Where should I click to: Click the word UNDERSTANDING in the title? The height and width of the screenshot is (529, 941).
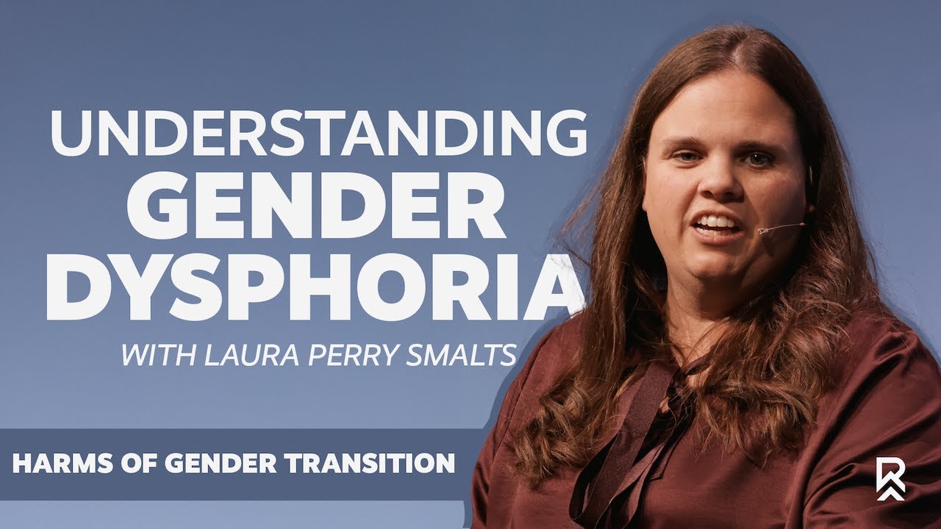pyautogui.click(x=318, y=134)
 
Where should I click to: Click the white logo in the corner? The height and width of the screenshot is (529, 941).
pyautogui.click(x=890, y=478)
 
